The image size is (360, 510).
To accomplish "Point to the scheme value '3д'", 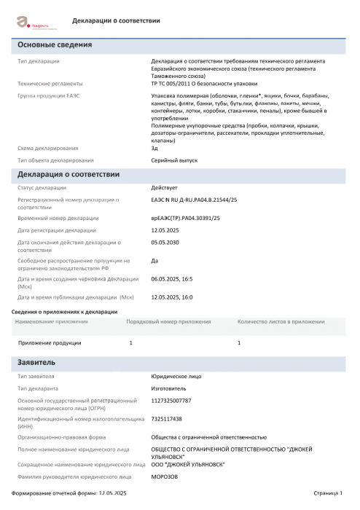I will (154, 148).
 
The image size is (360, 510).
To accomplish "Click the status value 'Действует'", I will (164, 188).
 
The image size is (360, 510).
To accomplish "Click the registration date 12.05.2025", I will (165, 230).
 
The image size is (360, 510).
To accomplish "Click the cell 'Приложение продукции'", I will (50, 342).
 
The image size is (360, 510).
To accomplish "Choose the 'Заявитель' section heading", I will (36, 362).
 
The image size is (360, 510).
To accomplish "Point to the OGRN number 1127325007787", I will (171, 401).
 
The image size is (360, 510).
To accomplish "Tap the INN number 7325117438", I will (167, 419).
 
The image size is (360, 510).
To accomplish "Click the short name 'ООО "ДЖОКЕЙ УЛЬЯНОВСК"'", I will (188, 464).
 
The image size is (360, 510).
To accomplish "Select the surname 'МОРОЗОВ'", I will (165, 476).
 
